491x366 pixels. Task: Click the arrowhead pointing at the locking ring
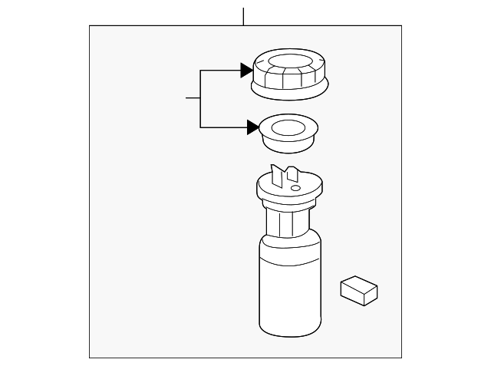click(246, 71)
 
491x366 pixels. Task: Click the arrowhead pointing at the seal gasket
click(252, 127)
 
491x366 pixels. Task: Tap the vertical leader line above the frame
click(243, 16)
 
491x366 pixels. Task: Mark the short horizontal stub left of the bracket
click(193, 98)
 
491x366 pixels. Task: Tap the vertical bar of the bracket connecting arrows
click(200, 99)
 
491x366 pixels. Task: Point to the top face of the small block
click(358, 284)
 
